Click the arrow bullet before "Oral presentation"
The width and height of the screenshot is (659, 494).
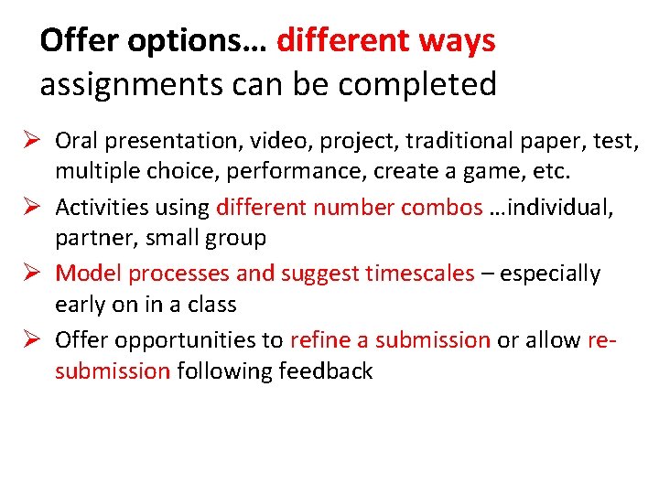click(28, 141)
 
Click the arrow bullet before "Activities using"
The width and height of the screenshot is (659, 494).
click(28, 207)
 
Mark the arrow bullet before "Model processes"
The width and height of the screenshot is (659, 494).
click(28, 274)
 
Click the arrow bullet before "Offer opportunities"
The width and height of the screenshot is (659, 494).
click(28, 340)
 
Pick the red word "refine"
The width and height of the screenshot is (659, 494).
click(319, 340)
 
